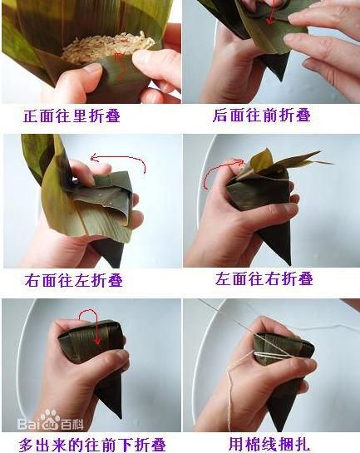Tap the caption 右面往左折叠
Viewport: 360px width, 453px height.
(x=74, y=280)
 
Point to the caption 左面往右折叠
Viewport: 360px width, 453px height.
(x=262, y=280)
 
